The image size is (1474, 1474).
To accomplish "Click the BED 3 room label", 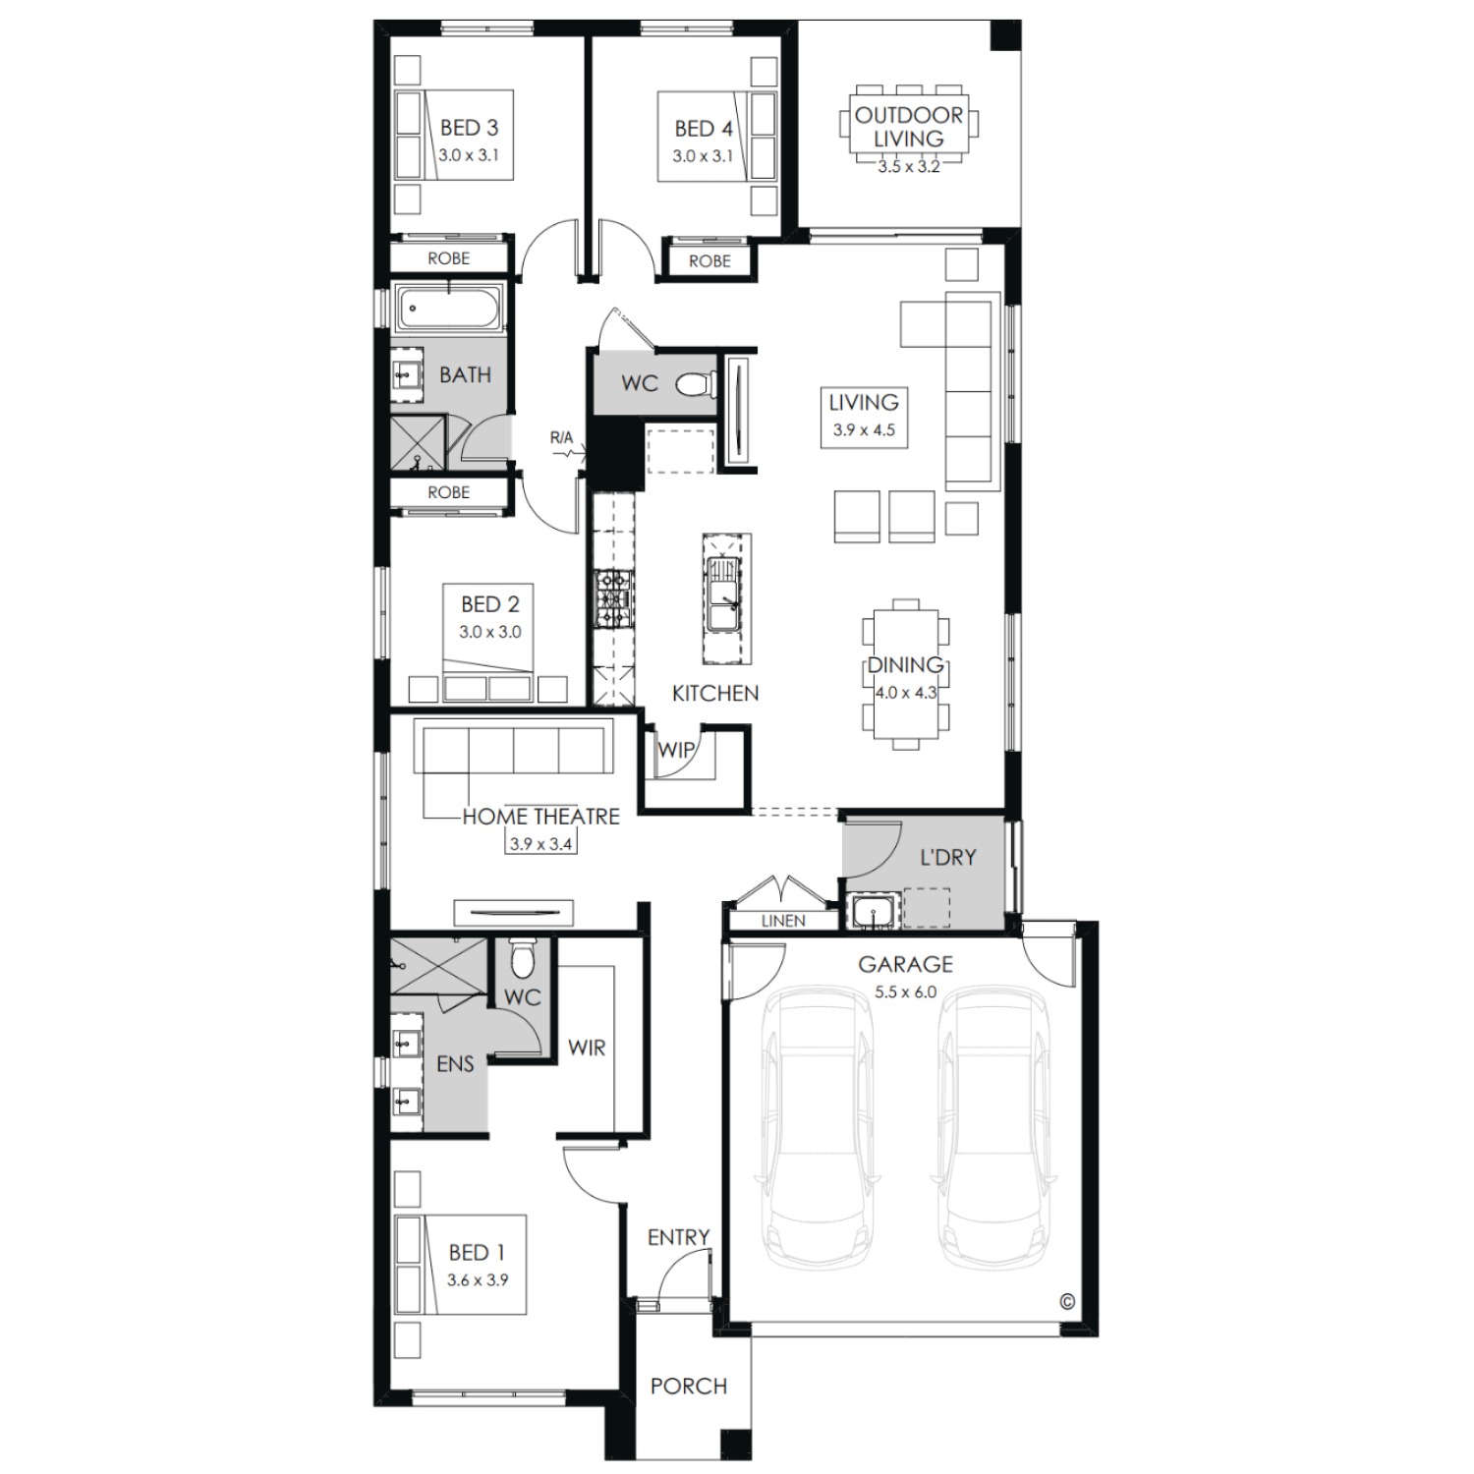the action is pyautogui.click(x=469, y=128).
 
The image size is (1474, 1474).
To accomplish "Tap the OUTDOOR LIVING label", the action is pyautogui.click(x=909, y=127).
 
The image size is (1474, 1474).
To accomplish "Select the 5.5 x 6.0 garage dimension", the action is pyautogui.click(x=905, y=992).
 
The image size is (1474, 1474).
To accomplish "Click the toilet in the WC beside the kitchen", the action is pyautogui.click(x=696, y=383).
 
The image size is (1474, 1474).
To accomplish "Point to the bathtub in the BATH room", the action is pyautogui.click(x=449, y=308).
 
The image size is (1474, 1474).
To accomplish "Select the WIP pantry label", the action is pyautogui.click(x=676, y=750).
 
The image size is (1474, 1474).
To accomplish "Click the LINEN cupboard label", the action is pyautogui.click(x=783, y=921).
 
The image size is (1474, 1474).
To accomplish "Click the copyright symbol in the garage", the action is pyautogui.click(x=1067, y=1302).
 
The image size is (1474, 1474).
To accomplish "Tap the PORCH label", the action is pyautogui.click(x=689, y=1387).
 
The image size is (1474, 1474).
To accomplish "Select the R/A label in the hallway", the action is pyautogui.click(x=561, y=437).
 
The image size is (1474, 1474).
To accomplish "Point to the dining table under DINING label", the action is pyautogui.click(x=906, y=674).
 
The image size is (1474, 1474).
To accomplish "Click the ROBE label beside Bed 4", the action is pyautogui.click(x=709, y=261).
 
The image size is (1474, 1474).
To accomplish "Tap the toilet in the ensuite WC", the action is pyautogui.click(x=522, y=956).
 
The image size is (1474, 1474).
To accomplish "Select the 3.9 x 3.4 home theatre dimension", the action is pyautogui.click(x=540, y=844).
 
